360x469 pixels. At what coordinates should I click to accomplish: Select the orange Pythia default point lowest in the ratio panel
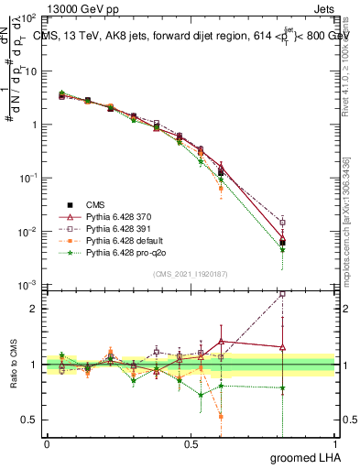[221, 417]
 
